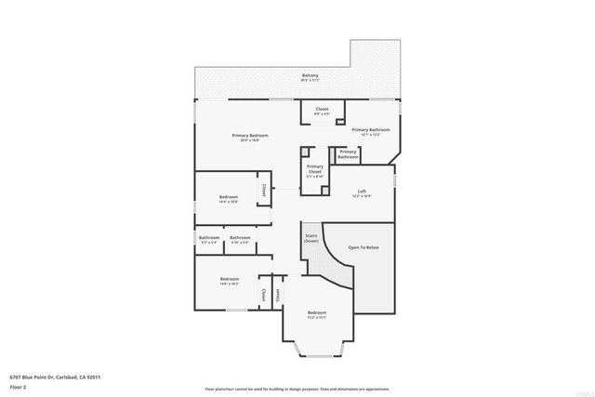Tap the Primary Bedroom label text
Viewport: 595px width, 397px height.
pos(250,135)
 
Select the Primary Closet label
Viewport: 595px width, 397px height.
pos(314,168)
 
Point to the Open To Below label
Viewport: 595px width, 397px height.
pos(364,247)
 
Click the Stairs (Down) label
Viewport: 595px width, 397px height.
pos(311,238)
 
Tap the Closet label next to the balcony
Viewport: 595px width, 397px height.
pos(322,109)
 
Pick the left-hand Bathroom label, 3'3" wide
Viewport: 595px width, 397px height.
pos(209,237)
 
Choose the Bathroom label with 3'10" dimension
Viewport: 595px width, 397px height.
pos(241,237)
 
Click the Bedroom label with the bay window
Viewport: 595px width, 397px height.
pos(317,311)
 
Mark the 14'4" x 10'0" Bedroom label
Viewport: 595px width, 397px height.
pos(229,196)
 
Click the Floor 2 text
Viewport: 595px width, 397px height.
pos(19,387)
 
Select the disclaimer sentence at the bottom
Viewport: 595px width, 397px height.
pos(297,389)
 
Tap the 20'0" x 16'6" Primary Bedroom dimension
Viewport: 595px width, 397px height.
pos(250,140)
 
